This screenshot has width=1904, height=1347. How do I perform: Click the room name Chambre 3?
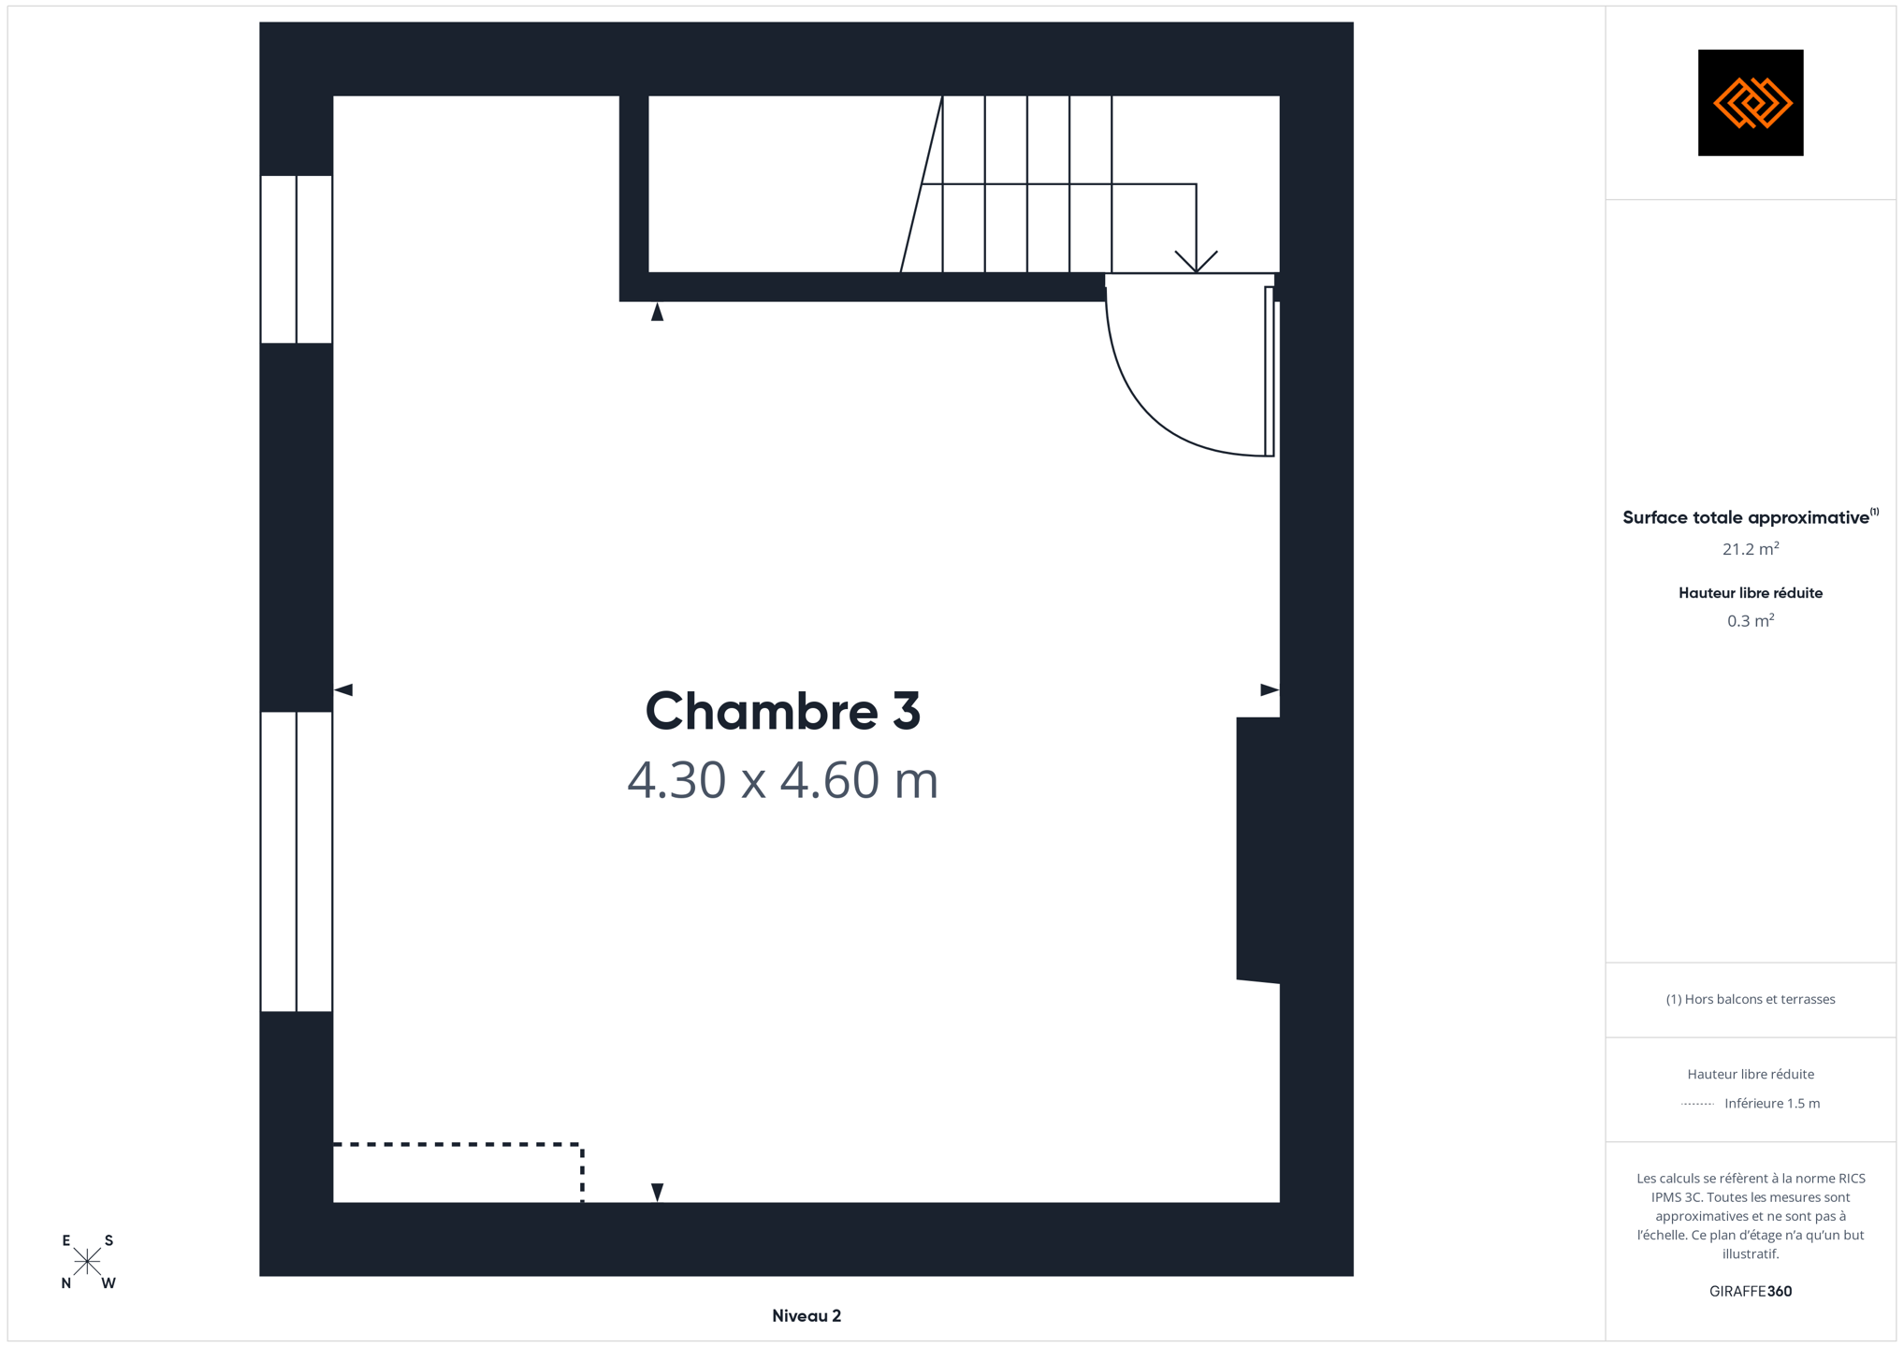pos(783,711)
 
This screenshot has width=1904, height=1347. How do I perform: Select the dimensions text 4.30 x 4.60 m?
pos(782,780)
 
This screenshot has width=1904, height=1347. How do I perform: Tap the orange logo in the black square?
pos(1751,103)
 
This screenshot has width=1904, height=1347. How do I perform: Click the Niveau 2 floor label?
pos(807,1316)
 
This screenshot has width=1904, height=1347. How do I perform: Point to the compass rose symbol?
pos(87,1262)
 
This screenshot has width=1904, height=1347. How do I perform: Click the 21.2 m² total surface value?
pos(1751,549)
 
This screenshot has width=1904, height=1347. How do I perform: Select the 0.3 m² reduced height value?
pos(1751,621)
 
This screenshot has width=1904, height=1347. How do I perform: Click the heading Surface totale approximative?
pos(1746,517)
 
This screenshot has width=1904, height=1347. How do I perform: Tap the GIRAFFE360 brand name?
pos(1751,1291)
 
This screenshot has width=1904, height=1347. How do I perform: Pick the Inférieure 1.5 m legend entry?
pos(1772,1104)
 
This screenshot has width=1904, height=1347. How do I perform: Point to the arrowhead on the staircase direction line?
pos(1196,262)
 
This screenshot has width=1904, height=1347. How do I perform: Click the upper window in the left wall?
pos(297,259)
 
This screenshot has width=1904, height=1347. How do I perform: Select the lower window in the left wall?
pos(297,862)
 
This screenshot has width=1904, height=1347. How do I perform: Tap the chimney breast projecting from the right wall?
pos(1258,849)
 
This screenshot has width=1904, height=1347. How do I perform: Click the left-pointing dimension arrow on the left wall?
pos(343,689)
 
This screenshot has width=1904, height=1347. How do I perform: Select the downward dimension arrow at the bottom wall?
pos(658,1193)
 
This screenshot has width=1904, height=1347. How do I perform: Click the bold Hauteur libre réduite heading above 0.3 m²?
pos(1751,593)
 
